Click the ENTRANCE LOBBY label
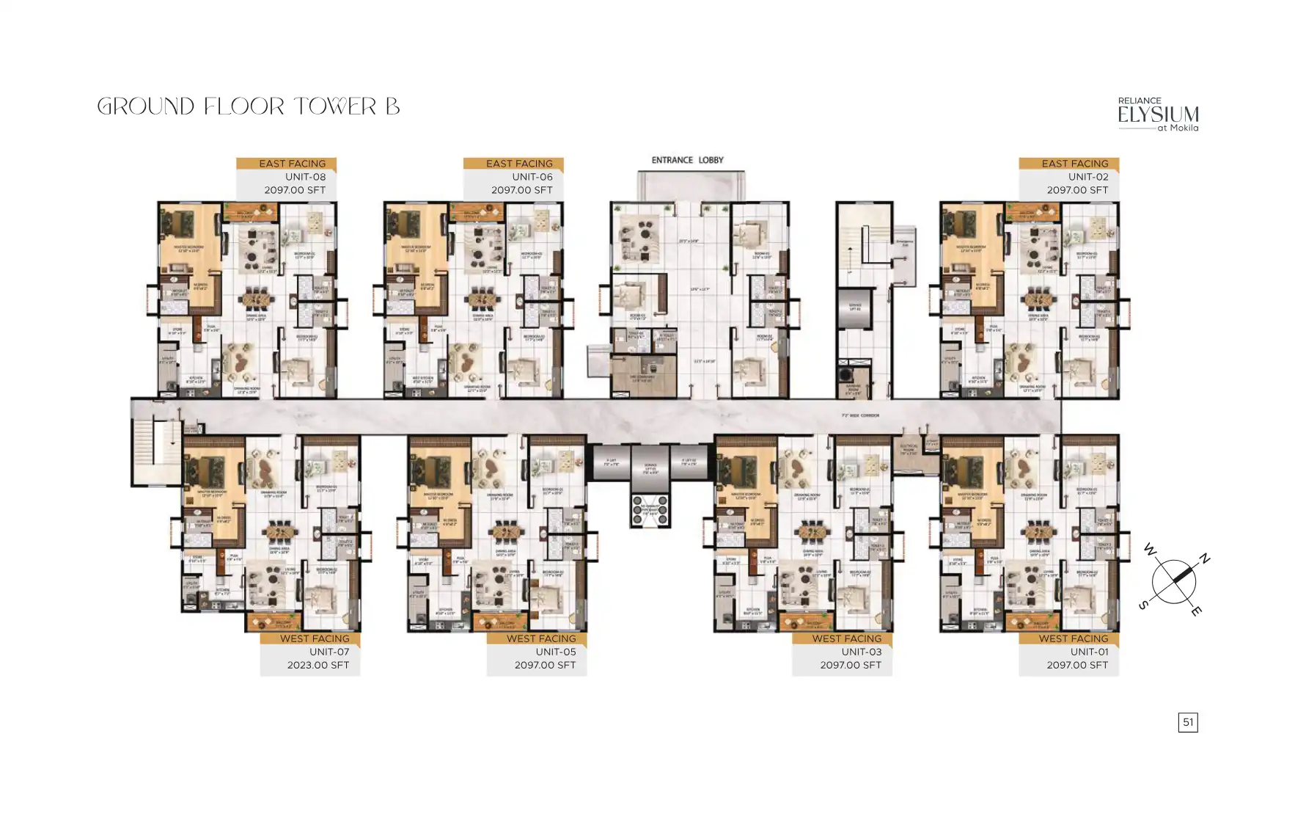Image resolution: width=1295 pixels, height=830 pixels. click(x=687, y=160)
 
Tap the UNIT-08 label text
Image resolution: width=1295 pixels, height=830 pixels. click(x=305, y=177)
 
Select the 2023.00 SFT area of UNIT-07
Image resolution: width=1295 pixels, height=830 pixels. click(x=318, y=665)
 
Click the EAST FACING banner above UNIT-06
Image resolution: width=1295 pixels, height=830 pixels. click(x=519, y=164)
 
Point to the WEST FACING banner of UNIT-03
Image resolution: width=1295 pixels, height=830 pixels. click(x=847, y=638)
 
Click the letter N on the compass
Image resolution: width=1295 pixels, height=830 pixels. click(x=1203, y=558)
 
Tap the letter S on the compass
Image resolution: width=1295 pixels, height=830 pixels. click(x=1142, y=605)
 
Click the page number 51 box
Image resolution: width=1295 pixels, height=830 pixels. click(x=1188, y=722)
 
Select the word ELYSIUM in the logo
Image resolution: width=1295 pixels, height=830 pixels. click(x=1158, y=114)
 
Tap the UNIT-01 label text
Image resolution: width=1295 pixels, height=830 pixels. click(x=1089, y=652)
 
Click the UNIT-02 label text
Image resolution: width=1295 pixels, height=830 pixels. click(x=1088, y=177)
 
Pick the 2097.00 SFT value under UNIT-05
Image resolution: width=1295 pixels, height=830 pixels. click(x=545, y=665)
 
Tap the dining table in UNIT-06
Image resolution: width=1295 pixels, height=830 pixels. click(x=480, y=299)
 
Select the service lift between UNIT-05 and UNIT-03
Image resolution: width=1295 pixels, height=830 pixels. click(x=650, y=468)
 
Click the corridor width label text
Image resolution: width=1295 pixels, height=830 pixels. click(x=859, y=416)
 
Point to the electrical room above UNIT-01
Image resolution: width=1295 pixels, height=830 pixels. click(x=908, y=448)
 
